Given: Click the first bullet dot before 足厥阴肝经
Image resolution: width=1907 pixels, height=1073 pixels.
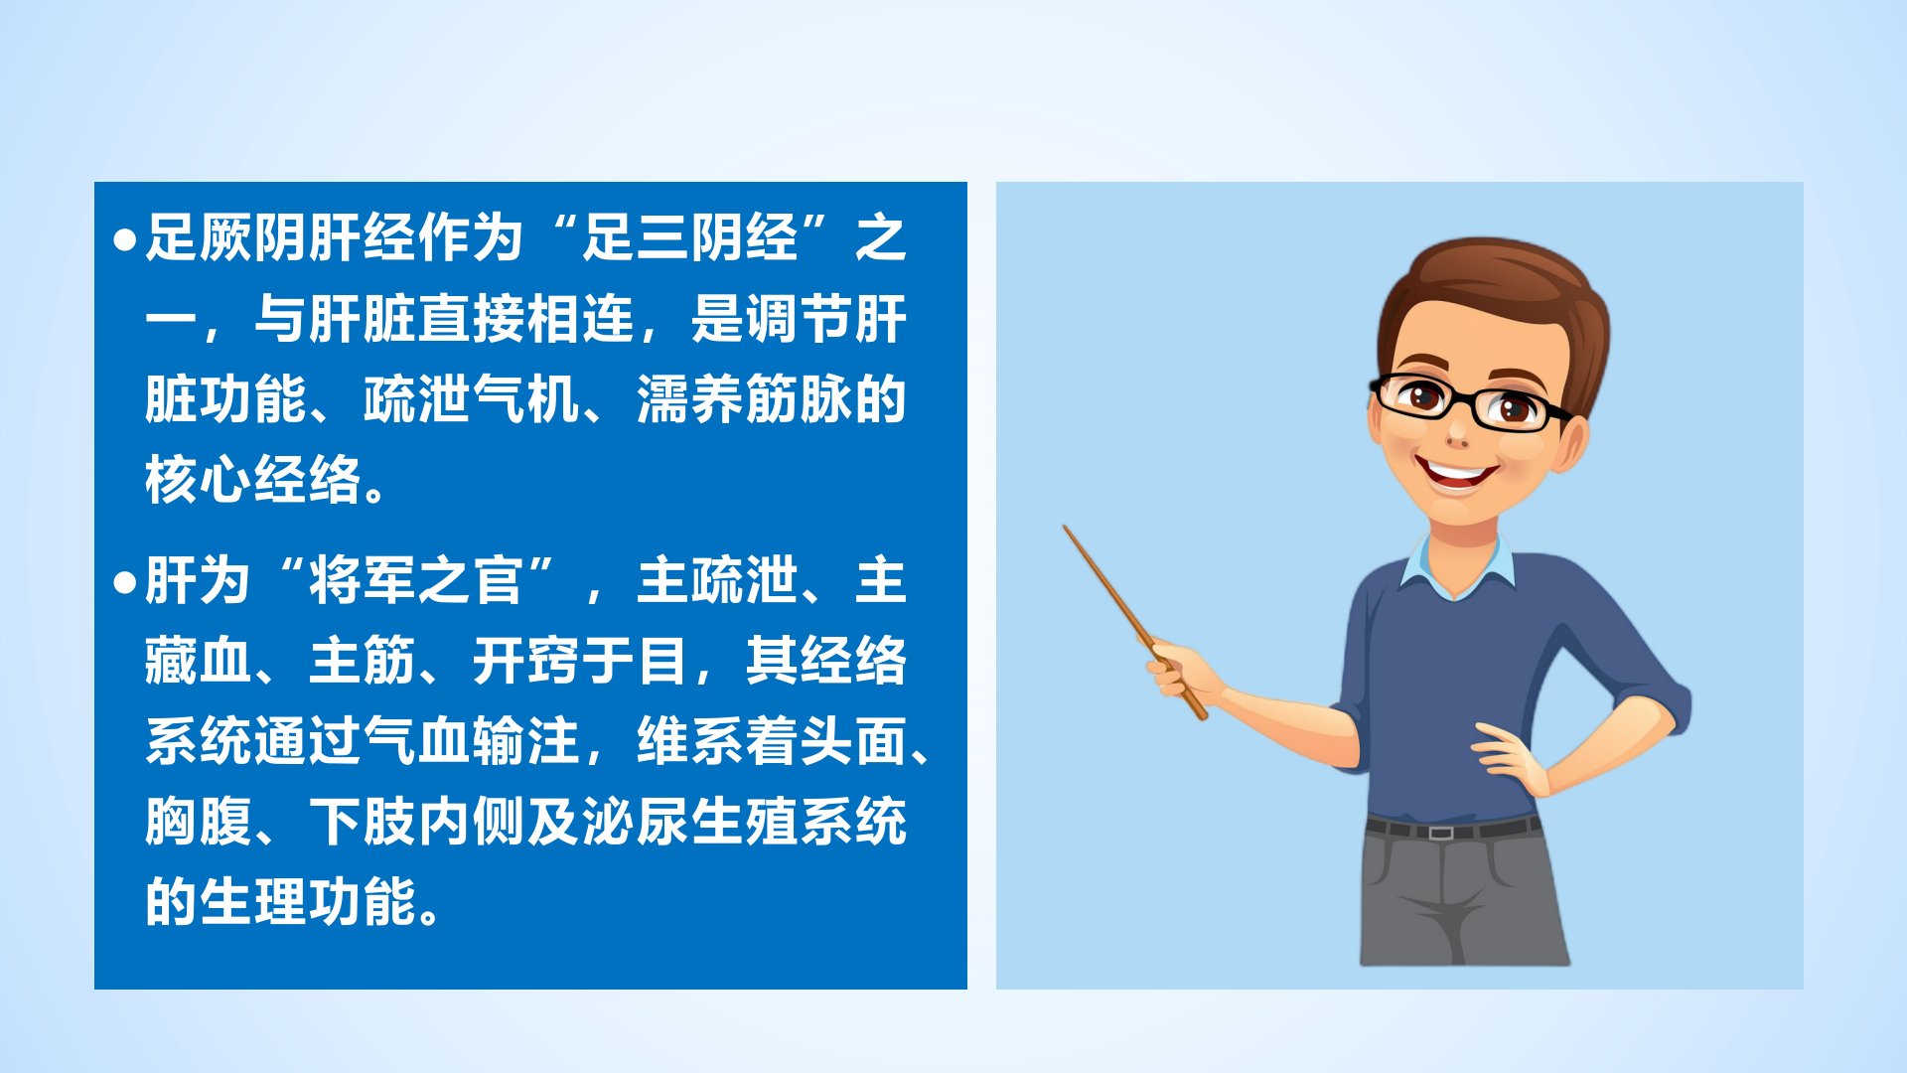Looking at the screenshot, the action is [124, 240].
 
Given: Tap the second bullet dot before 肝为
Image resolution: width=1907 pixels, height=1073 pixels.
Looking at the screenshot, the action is [124, 582].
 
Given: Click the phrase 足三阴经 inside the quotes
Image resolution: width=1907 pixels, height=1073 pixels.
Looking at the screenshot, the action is [689, 238].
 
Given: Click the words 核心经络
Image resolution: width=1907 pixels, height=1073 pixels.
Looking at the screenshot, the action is [252, 481].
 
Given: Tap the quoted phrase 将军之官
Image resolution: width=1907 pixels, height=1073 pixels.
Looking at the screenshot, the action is [416, 581].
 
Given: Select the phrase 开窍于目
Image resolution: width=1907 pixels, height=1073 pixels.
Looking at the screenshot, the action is [580, 662].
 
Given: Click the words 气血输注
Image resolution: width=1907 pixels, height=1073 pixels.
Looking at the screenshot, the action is [471, 742].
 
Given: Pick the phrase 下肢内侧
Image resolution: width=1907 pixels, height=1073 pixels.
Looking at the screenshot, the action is [416, 823].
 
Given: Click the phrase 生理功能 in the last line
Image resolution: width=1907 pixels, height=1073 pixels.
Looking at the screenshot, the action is [307, 903].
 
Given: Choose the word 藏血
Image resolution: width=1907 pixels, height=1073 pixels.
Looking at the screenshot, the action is [199, 662].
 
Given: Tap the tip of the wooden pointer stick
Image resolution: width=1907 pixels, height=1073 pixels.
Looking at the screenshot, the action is [1065, 527].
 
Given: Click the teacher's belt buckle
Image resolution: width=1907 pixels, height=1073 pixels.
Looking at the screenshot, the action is [1439, 832].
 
